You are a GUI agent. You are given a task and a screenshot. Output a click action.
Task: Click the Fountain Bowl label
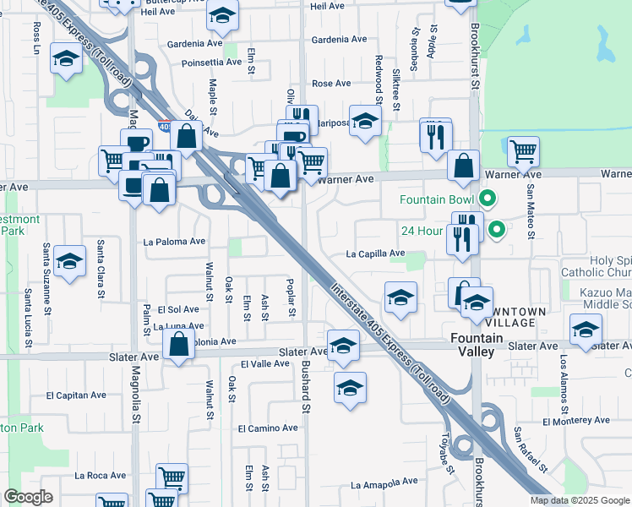pos(437,200)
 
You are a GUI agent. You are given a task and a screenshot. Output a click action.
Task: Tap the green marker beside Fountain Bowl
pos(487,200)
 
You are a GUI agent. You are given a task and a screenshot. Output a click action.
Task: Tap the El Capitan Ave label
pos(76,395)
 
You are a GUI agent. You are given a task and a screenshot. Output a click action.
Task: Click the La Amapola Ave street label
pos(384,484)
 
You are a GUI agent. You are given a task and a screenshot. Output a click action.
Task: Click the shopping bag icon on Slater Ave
pos(178,346)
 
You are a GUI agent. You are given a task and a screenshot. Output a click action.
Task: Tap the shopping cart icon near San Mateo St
pos(524,152)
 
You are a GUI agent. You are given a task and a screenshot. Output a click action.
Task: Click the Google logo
pos(28,497)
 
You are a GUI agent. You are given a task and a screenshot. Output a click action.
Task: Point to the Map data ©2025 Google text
pos(580,500)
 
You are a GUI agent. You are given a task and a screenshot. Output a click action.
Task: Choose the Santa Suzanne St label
pos(46,264)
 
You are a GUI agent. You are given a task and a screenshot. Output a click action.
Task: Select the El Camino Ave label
pos(268,428)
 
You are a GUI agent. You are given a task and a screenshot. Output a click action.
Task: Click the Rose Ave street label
pos(331,84)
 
